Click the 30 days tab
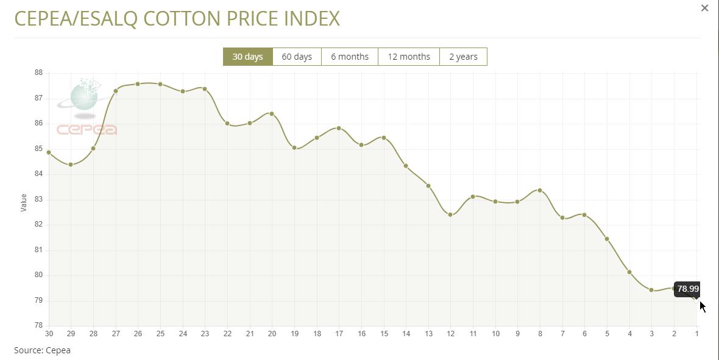248,57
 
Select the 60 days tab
297,57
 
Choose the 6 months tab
350,57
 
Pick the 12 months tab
409,57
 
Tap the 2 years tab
463,57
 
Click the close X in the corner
705,8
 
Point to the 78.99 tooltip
688,289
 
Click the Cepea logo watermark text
87,130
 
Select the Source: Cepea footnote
43,350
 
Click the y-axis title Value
24,202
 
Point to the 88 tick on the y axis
38,72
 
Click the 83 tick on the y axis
38,199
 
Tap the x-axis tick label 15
384,333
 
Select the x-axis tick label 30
49,333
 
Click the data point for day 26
138,84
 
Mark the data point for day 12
450,214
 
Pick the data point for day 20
272,114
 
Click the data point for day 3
651,290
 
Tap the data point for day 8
540,191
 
